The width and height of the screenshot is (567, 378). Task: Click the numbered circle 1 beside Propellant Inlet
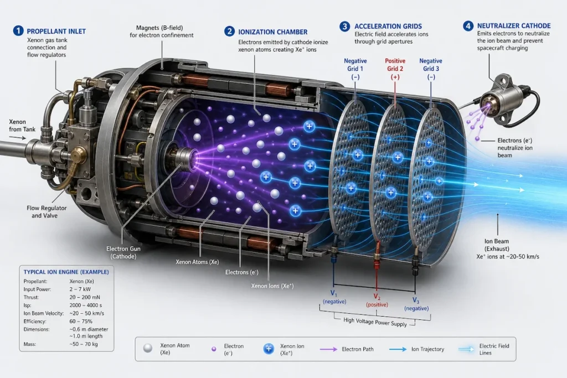(18, 31)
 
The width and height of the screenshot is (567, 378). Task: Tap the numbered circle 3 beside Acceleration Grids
(344, 26)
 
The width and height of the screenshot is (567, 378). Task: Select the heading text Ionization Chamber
(272, 32)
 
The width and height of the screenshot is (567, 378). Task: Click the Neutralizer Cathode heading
(514, 25)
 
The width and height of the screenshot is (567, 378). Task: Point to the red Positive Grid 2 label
(395, 69)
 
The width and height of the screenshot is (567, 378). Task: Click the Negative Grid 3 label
(431, 69)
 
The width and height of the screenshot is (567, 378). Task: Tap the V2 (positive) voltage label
(377, 301)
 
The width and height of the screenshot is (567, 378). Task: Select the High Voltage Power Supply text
(375, 322)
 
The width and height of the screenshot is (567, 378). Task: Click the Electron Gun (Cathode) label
(123, 252)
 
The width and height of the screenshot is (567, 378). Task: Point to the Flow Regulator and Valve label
(47, 212)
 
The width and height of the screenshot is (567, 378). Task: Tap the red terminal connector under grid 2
(377, 259)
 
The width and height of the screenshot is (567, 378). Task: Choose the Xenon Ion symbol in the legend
(269, 349)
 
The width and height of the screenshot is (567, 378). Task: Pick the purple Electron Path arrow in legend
(328, 349)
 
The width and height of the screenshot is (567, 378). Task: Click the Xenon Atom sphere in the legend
(147, 348)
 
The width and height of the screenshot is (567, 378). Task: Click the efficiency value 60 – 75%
(81, 321)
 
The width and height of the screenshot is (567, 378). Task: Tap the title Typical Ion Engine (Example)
(66, 272)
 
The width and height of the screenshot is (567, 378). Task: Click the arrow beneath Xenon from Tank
(18, 138)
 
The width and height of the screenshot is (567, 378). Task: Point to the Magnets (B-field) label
(161, 32)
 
